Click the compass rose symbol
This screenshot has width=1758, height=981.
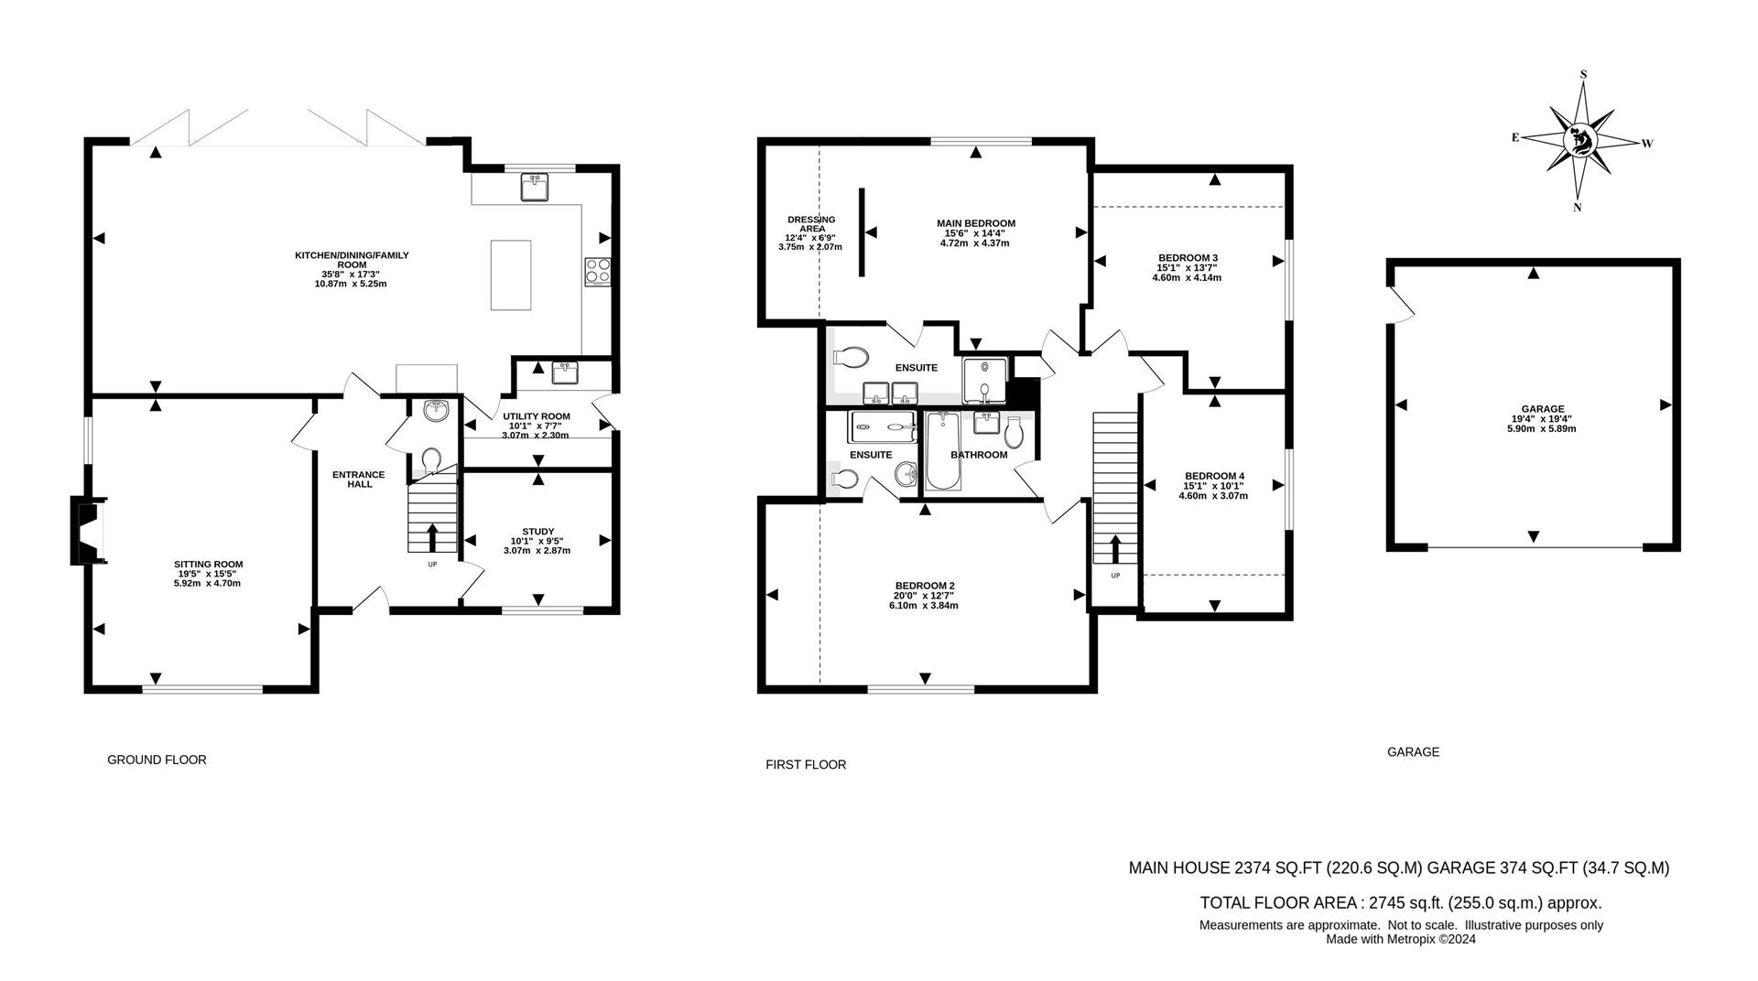point(1579,142)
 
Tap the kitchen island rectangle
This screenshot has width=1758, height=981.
point(511,275)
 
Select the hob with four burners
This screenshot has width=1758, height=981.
point(598,271)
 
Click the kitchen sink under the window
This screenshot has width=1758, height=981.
point(534,188)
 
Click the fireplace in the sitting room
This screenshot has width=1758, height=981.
point(90,531)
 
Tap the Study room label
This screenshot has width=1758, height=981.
point(537,531)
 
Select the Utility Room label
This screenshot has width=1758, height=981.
point(537,416)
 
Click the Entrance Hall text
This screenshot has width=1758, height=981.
point(358,479)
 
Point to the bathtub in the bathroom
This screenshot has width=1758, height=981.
point(941,450)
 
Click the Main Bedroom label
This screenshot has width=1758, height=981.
point(975,223)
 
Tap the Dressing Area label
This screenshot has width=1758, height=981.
point(811,224)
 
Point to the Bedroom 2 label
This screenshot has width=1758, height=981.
point(925,586)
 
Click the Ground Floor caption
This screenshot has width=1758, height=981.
point(157,760)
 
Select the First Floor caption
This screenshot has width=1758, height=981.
point(806,764)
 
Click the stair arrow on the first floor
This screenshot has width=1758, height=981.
point(1115,549)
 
